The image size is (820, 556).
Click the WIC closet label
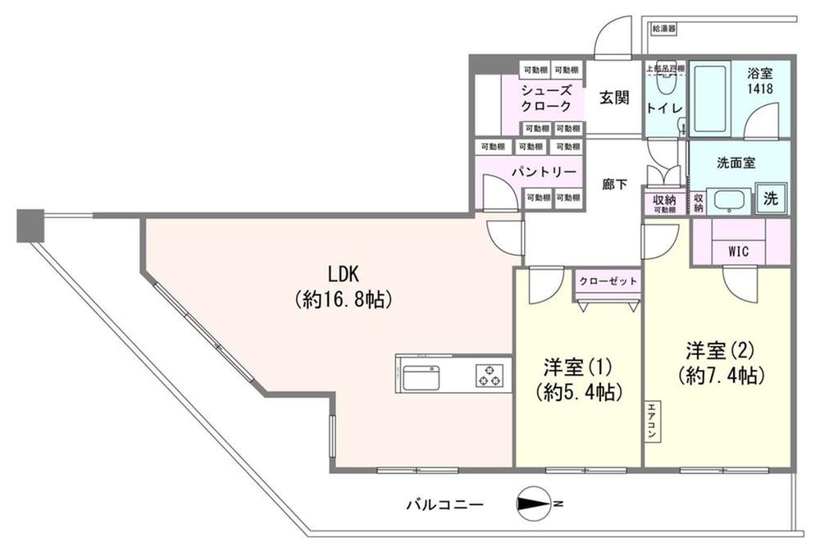coord(738,251)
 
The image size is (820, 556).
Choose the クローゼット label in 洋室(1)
coord(608,281)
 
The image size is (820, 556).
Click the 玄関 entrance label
coord(613,98)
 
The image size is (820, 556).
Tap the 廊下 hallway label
coord(615,185)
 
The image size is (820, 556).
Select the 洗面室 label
coord(737,163)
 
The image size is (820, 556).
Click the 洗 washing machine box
coord(772,198)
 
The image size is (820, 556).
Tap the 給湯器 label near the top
coord(663,28)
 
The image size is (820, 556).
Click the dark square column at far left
coord(29,226)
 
